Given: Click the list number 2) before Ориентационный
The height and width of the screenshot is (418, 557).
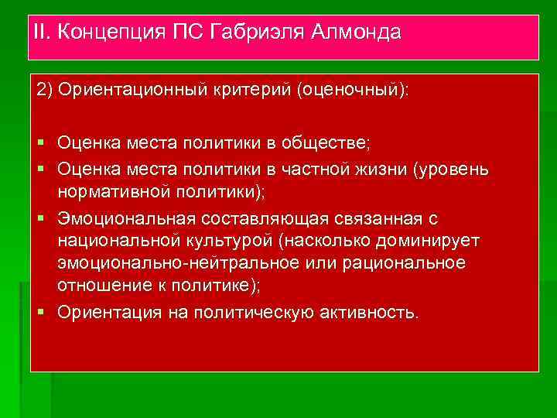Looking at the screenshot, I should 45,90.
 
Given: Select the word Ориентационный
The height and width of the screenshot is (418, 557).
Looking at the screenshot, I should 133,90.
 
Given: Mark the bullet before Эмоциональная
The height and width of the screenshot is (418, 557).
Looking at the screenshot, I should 41,217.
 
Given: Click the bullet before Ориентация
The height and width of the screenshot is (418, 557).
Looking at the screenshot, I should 41,313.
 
